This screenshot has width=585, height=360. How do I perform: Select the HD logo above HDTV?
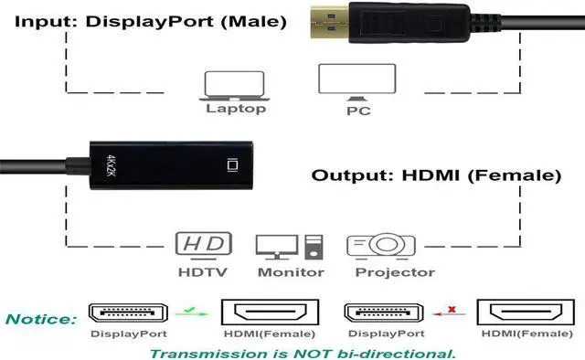(x=202, y=245)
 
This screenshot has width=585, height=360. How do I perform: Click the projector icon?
(x=381, y=245)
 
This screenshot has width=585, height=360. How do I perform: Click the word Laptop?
(x=236, y=109)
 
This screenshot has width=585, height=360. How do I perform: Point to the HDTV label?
(x=203, y=271)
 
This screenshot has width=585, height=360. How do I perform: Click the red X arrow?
(x=451, y=312)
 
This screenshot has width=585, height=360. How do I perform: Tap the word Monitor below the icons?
(x=291, y=271)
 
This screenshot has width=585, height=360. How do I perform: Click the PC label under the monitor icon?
(x=356, y=111)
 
